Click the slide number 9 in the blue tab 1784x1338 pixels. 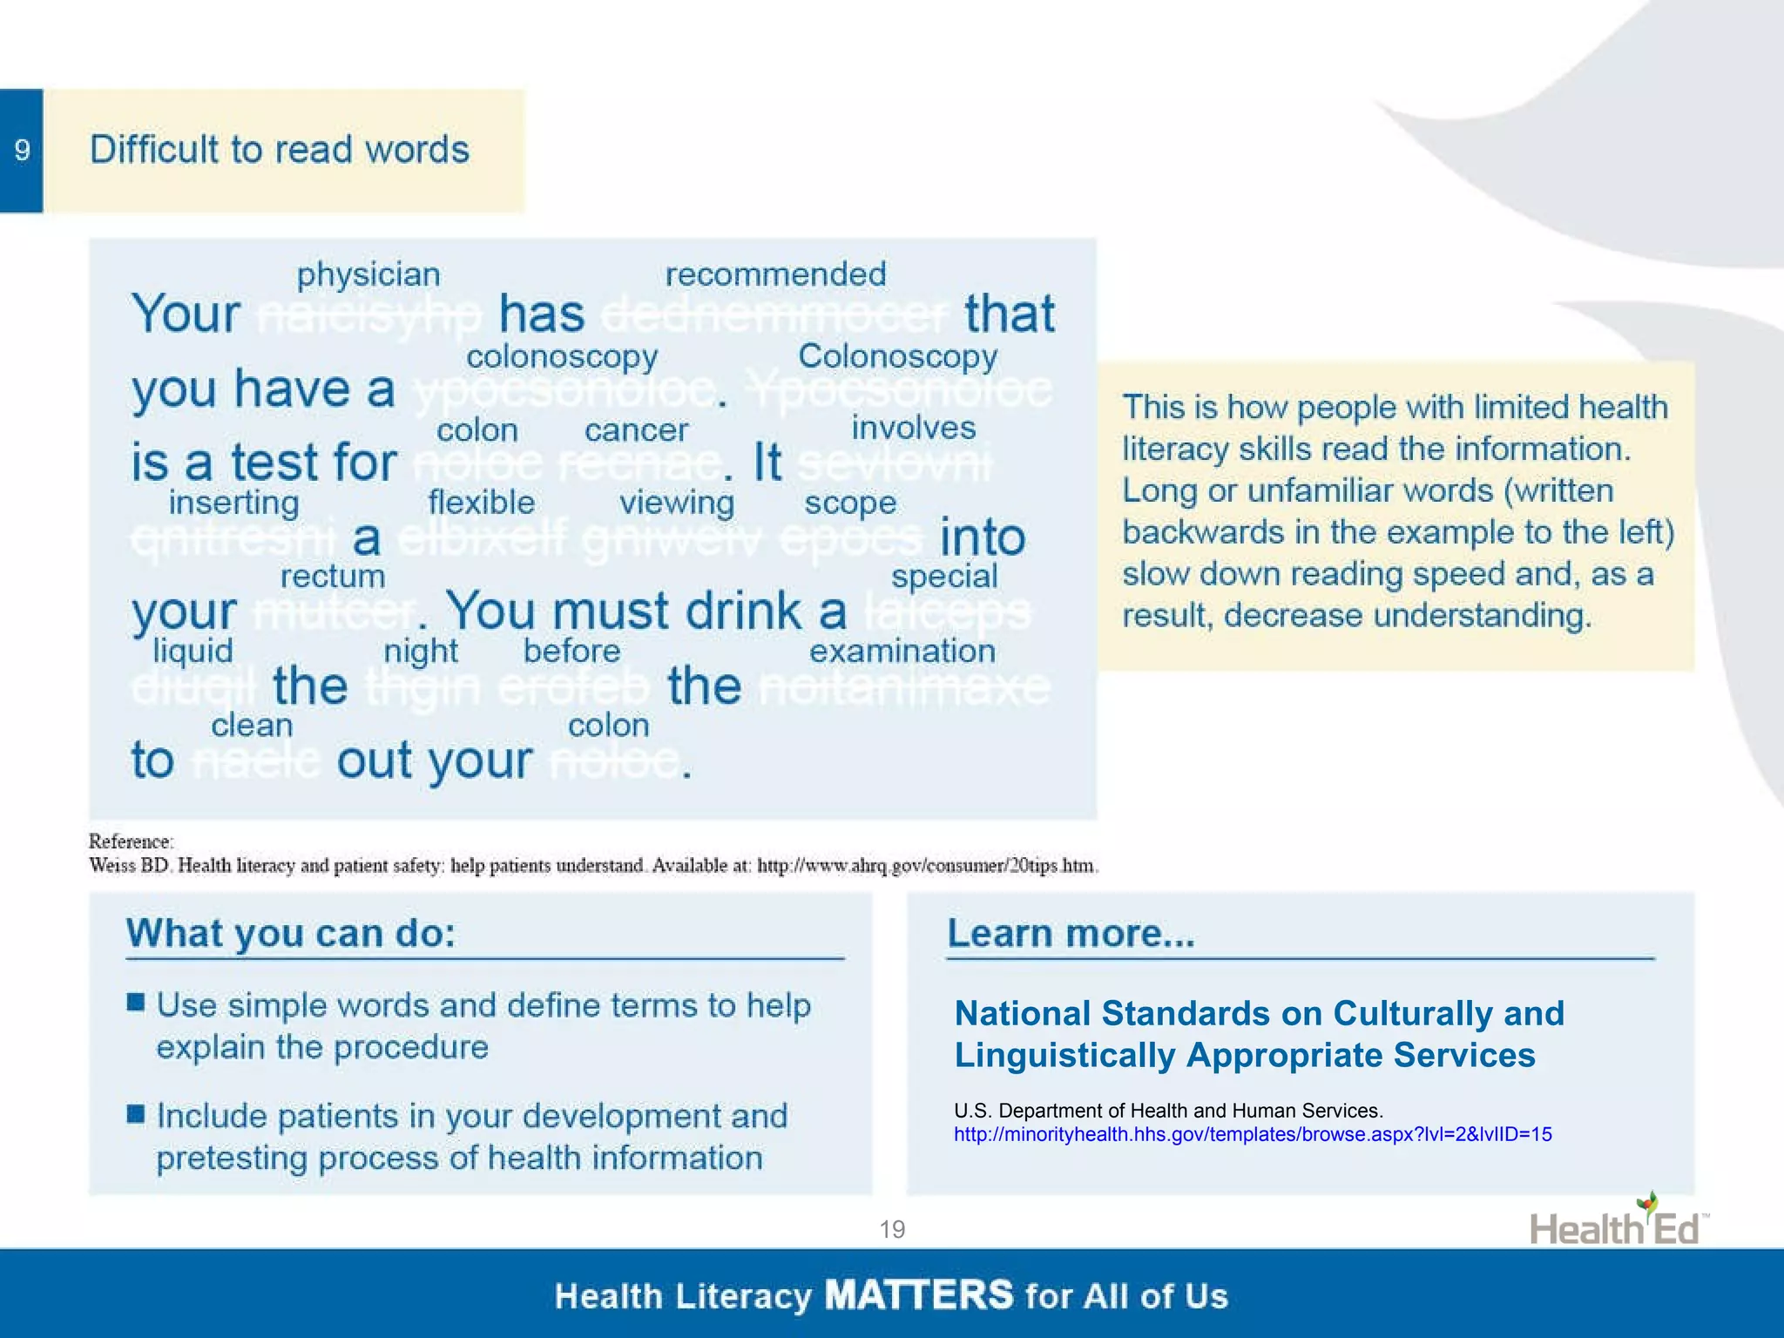click(x=22, y=150)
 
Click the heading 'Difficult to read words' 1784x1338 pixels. click(x=280, y=150)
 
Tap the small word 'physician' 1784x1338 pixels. click(x=368, y=274)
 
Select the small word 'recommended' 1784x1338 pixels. click(x=775, y=274)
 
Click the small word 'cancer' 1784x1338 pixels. click(x=636, y=429)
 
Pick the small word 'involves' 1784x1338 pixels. click(x=913, y=428)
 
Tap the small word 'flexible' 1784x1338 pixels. click(x=481, y=503)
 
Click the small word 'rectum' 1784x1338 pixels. click(x=332, y=576)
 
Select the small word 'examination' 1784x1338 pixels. click(x=902, y=651)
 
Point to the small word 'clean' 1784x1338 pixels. click(x=252, y=725)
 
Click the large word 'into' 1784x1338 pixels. click(x=982, y=537)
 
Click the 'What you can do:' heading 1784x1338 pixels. click(x=291, y=933)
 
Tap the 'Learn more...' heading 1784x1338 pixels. click(x=1071, y=933)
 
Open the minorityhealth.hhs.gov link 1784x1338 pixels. click(x=1252, y=1134)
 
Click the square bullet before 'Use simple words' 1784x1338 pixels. click(x=136, y=1002)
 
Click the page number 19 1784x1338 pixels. click(x=892, y=1229)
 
